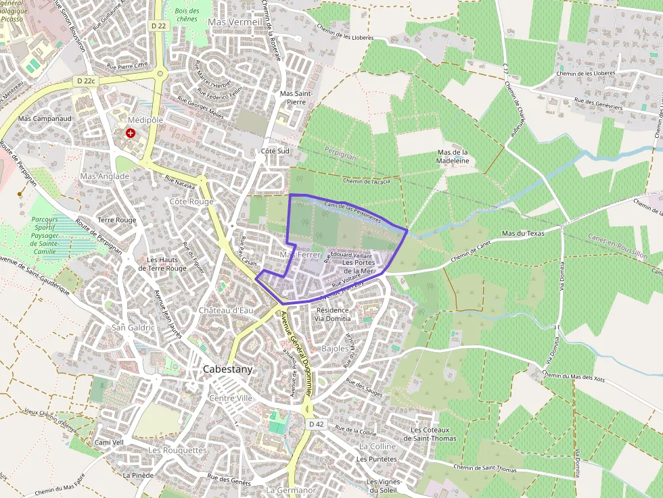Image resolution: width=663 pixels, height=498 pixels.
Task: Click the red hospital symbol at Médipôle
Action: [x=130, y=134]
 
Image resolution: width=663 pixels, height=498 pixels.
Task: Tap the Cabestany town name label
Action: [x=228, y=370]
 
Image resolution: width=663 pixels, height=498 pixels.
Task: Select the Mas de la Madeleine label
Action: [x=453, y=157]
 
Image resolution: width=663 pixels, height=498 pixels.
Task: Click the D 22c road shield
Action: [x=86, y=80]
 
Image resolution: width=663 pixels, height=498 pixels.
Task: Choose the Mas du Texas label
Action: [x=523, y=234]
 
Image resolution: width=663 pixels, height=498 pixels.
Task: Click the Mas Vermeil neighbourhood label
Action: [x=235, y=22]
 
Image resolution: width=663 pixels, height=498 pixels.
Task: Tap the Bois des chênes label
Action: [x=187, y=16]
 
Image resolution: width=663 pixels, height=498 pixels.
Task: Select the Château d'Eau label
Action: [x=226, y=309]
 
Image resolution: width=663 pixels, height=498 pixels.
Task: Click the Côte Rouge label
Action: [x=191, y=201]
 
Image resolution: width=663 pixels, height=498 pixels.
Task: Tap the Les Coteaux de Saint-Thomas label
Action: [x=433, y=434]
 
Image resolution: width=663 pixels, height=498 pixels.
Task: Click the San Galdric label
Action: [x=133, y=328]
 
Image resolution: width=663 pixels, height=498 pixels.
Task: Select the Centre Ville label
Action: [x=231, y=398]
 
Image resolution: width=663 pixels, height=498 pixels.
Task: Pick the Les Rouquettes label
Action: [x=177, y=450]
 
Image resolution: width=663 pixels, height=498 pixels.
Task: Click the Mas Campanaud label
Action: [x=45, y=118]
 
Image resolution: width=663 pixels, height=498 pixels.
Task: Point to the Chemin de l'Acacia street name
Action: [x=367, y=181]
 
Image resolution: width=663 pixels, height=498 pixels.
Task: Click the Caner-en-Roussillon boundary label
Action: [x=618, y=247]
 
